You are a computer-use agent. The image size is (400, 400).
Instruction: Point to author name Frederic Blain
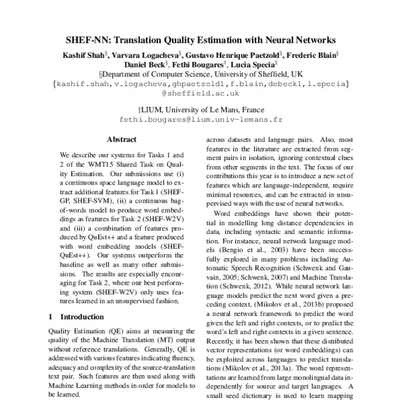313,55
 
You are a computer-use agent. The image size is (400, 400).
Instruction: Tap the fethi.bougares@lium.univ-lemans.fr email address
200,122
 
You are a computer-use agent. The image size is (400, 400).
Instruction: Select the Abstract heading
122,139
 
